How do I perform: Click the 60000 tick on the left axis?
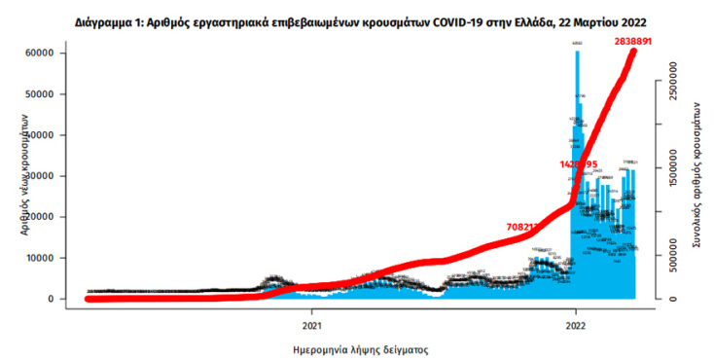click(39, 54)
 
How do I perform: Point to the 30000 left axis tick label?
click(39, 176)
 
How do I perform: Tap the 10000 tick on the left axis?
click(39, 258)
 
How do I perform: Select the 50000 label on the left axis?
click(39, 94)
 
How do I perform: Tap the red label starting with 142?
click(579, 164)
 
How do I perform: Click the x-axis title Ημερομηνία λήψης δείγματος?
click(361, 347)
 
